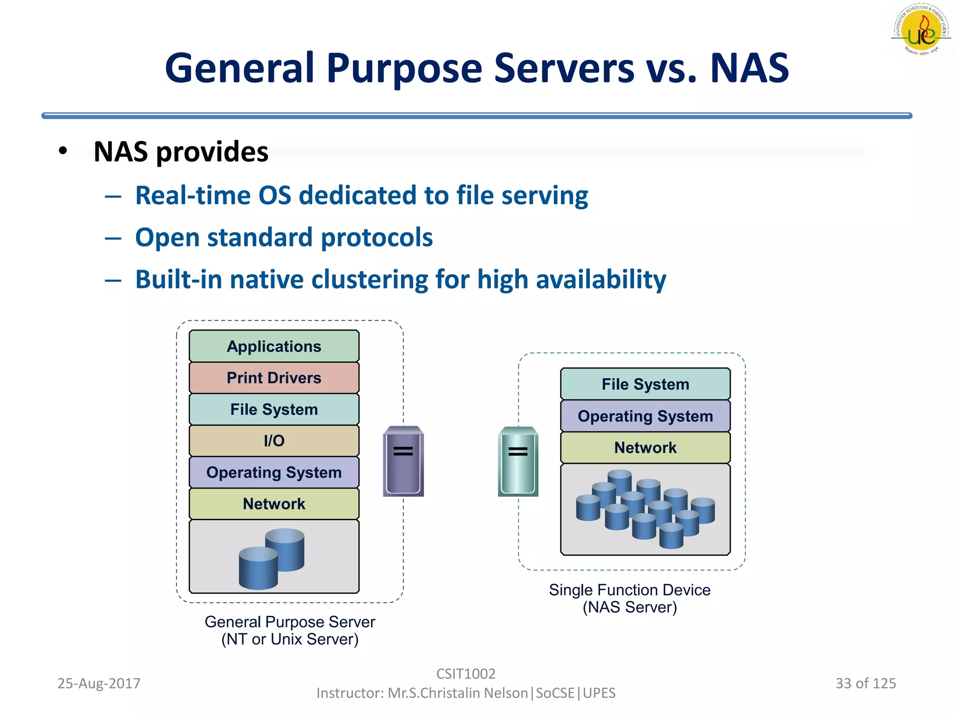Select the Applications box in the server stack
pyautogui.click(x=274, y=346)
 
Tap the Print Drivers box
pyautogui.click(x=274, y=378)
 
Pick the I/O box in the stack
pyautogui.click(x=274, y=441)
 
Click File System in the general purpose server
pyautogui.click(x=274, y=409)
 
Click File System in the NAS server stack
pyautogui.click(x=645, y=384)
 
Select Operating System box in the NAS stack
pyautogui.click(x=645, y=416)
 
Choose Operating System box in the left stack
pyautogui.click(x=274, y=472)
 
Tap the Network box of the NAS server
pyautogui.click(x=645, y=447)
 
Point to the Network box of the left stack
pyautogui.click(x=274, y=503)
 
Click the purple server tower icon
pyautogui.click(x=403, y=461)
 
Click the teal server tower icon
pyautogui.click(x=518, y=461)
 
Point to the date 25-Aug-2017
pyautogui.click(x=99, y=683)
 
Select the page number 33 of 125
pyautogui.click(x=865, y=683)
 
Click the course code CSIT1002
pyautogui.click(x=466, y=674)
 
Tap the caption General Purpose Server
pyautogui.click(x=290, y=622)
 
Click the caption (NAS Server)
pyautogui.click(x=630, y=607)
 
